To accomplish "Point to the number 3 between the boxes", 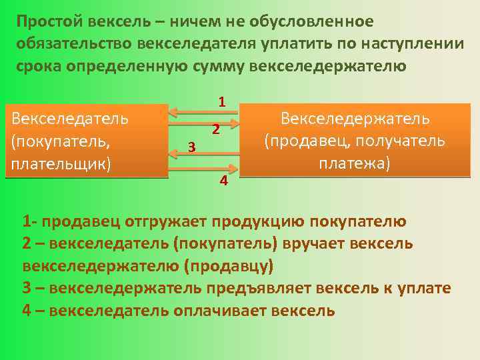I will coord(191,147).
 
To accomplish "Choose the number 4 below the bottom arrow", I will coord(224,181).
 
